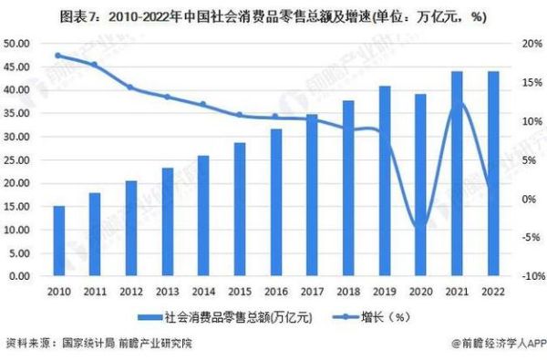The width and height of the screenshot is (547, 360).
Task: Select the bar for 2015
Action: [240, 210]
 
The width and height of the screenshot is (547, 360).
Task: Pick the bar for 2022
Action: [492, 174]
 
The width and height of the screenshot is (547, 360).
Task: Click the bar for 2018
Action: [348, 189]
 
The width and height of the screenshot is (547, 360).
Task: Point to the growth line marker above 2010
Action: [58, 56]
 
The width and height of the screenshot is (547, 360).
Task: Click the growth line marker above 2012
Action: [130, 87]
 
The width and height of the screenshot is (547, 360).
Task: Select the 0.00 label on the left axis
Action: [23, 276]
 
